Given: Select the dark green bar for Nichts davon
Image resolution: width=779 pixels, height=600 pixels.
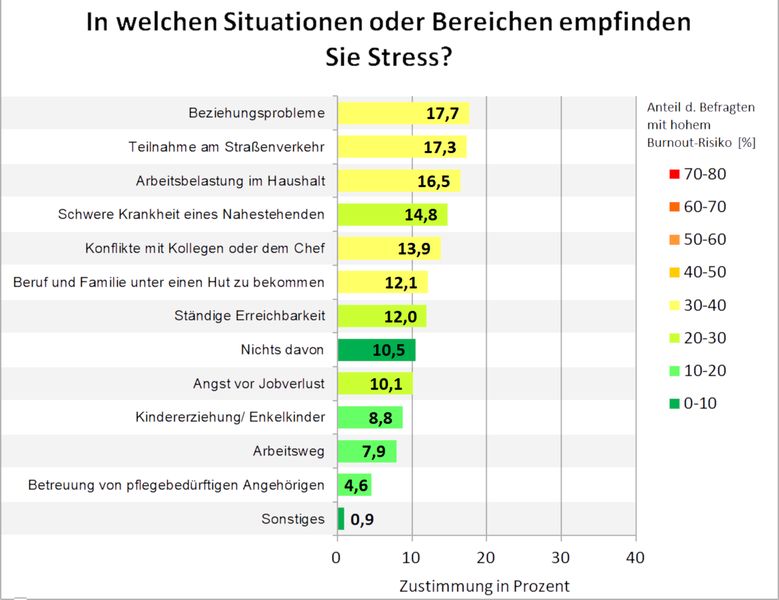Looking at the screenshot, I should (x=375, y=350).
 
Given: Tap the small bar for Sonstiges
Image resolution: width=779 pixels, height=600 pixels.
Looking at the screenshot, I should (x=340, y=519).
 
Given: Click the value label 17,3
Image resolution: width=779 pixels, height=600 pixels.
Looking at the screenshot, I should (x=441, y=147).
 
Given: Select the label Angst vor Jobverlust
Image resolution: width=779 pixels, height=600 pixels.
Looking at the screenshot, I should (x=258, y=384).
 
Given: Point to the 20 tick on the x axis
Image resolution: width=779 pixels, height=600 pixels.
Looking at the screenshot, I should (x=486, y=557).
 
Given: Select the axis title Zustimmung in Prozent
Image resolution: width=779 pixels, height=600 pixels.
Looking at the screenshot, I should (x=484, y=585).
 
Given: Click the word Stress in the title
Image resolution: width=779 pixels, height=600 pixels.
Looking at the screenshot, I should (x=401, y=57).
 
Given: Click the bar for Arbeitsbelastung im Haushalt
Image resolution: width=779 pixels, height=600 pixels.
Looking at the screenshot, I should (x=398, y=181).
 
